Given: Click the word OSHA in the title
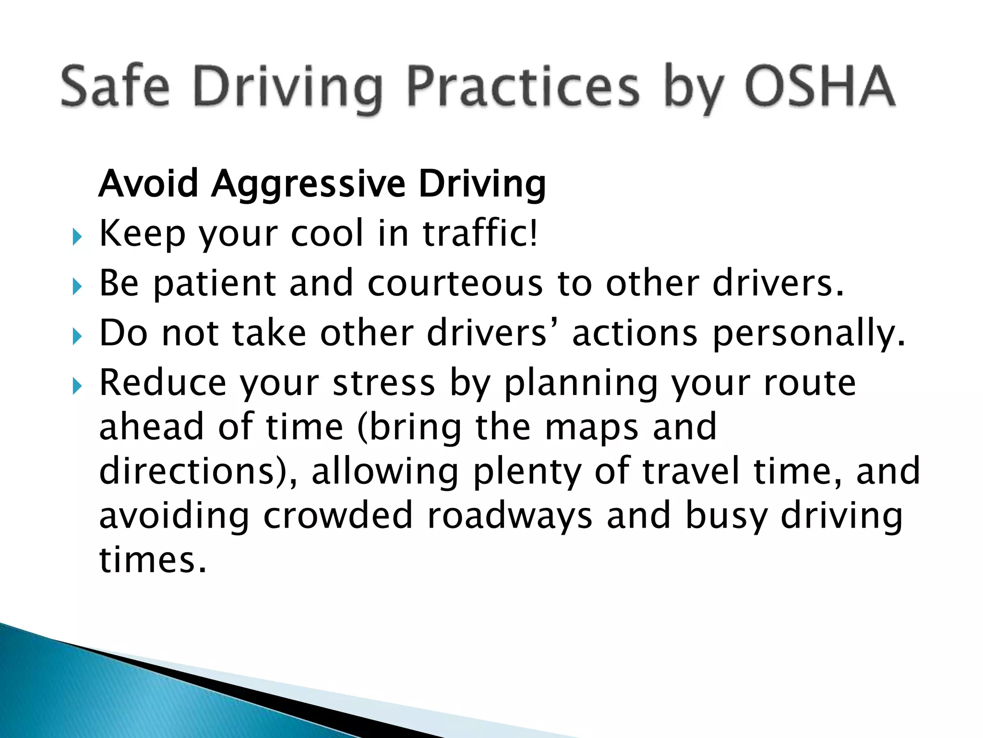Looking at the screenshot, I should pyautogui.click(x=820, y=86).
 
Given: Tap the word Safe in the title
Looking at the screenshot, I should pyautogui.click(x=115, y=86).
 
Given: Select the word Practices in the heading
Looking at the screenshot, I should pyautogui.click(x=523, y=86).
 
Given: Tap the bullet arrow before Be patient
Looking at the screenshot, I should pyautogui.click(x=77, y=287).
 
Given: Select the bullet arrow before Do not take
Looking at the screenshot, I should pyautogui.click(x=77, y=337).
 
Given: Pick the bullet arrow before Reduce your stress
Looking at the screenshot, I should pyautogui.click(x=77, y=386).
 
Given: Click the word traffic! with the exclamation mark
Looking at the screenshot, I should pyautogui.click(x=480, y=233).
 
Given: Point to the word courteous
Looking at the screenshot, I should pyautogui.click(x=455, y=284).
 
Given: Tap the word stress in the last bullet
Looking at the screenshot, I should pyautogui.click(x=384, y=383).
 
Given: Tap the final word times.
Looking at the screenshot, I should pyautogui.click(x=153, y=560).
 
